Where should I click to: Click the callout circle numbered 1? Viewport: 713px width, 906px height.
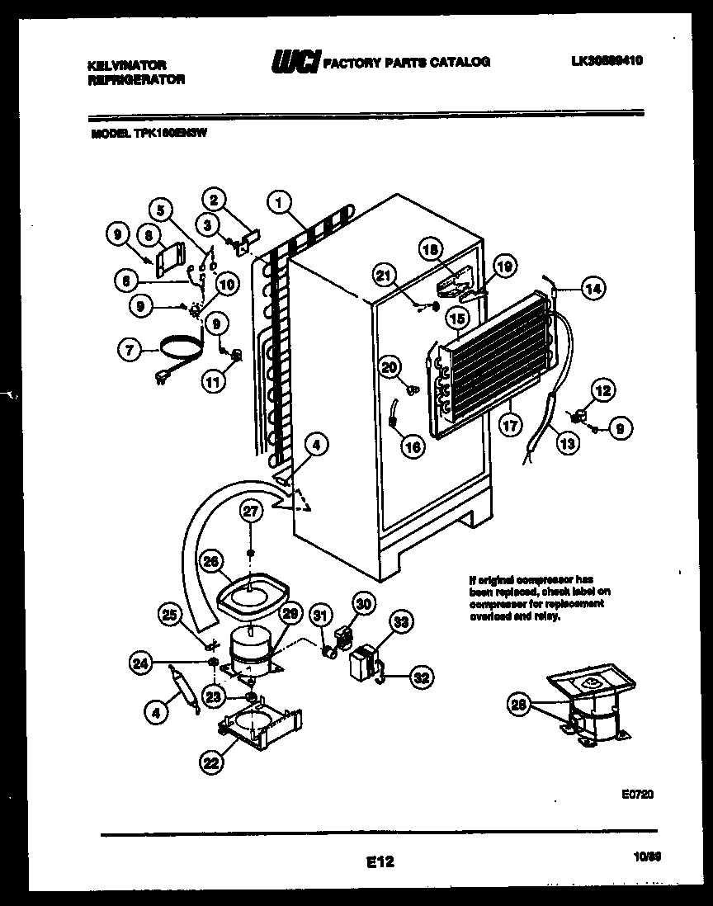[x=280, y=201]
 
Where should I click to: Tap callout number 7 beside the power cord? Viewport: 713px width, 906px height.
[x=128, y=351]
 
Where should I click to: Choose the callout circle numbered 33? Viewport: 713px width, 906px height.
[x=402, y=624]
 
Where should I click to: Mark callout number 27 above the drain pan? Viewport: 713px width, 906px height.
[x=251, y=512]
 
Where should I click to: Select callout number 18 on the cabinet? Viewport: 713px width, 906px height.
[x=431, y=249]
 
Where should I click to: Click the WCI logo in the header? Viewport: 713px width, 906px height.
[x=295, y=62]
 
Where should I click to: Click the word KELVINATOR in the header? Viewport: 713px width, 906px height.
[x=126, y=64]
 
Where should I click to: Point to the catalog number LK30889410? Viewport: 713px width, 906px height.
[x=607, y=61]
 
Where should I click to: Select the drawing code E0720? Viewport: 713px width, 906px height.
[x=636, y=794]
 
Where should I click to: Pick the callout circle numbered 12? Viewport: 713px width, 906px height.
[x=604, y=391]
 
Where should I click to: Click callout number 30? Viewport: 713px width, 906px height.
[x=364, y=604]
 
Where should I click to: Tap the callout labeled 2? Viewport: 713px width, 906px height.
[x=214, y=199]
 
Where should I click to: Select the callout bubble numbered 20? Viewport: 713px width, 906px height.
[x=390, y=367]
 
